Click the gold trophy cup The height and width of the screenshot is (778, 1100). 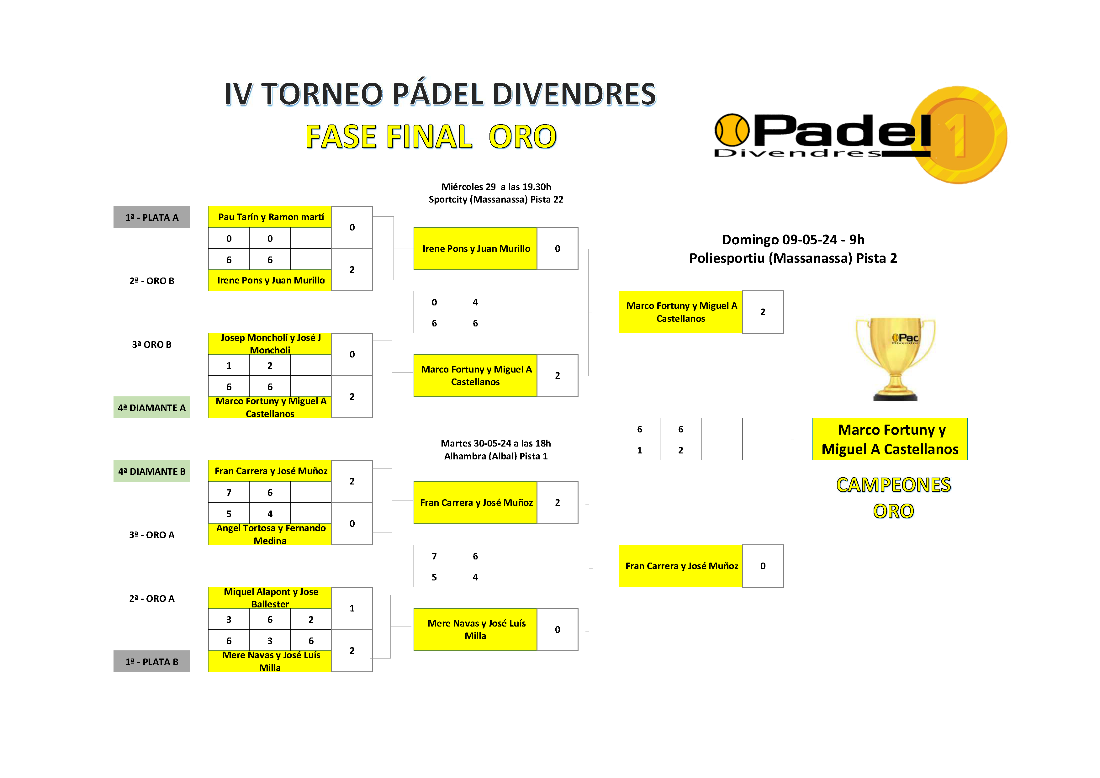tap(895, 359)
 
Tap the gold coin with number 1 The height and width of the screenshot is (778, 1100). tap(959, 135)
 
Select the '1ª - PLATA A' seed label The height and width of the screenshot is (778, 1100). tap(152, 217)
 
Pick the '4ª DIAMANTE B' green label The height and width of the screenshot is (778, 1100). tap(152, 471)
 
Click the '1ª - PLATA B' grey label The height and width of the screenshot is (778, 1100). tap(152, 662)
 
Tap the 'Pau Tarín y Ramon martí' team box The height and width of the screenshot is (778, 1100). tap(270, 217)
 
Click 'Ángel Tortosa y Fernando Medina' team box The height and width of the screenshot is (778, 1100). tap(270, 534)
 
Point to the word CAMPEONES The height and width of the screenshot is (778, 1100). tap(893, 485)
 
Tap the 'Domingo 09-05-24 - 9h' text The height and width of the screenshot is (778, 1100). tap(793, 240)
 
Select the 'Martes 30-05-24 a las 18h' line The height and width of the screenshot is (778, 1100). tap(496, 443)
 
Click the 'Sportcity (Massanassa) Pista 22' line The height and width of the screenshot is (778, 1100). tap(496, 199)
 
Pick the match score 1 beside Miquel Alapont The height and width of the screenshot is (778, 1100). tap(352, 608)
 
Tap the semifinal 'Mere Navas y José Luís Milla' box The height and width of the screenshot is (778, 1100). tap(475, 629)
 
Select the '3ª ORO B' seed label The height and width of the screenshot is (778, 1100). tap(152, 344)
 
